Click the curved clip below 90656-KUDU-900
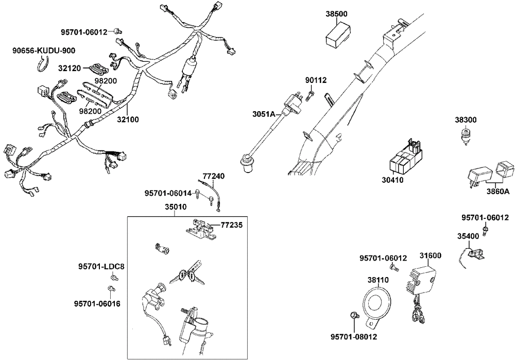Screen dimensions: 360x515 tap(42, 64)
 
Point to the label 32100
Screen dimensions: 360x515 tap(128, 119)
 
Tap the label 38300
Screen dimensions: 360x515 tap(465, 119)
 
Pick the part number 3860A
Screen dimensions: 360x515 tap(498, 192)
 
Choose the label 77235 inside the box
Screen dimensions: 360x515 tap(231, 225)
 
